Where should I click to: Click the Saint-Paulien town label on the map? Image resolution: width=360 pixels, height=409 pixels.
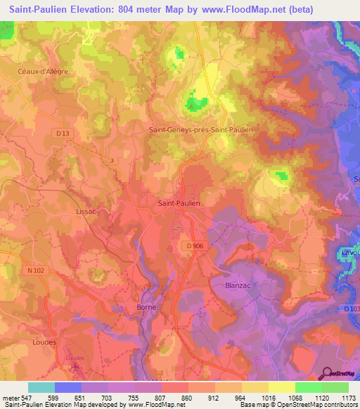(178, 203)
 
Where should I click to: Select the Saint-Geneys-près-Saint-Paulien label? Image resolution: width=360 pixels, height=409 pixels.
(201, 129)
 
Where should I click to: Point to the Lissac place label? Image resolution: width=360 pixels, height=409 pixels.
(85, 210)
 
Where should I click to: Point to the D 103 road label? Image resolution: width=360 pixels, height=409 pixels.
(352, 309)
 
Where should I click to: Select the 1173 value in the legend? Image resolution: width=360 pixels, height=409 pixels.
(345, 397)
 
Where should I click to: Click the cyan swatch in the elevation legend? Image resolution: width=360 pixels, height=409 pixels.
(41, 387)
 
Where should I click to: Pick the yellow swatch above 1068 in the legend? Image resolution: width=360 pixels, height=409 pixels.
(281, 387)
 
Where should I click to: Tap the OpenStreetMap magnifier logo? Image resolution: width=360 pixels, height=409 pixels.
(326, 375)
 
